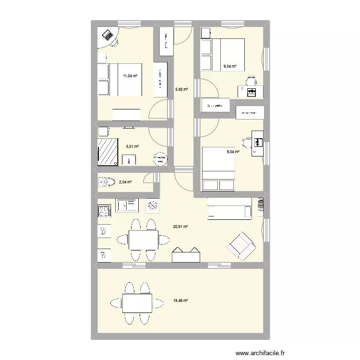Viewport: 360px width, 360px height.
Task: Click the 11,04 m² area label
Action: pyautogui.click(x=130, y=76)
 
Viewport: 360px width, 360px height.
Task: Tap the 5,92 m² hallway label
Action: pyautogui.click(x=181, y=89)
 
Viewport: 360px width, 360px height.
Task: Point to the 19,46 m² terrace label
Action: pyautogui.click(x=180, y=301)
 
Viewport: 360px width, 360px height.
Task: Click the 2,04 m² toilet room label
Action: pyautogui.click(x=126, y=182)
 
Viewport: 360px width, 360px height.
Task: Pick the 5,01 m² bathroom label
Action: pyautogui.click(x=132, y=147)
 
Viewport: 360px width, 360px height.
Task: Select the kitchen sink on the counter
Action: pyautogui.click(x=127, y=206)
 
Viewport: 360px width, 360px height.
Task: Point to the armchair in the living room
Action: pyautogui.click(x=241, y=244)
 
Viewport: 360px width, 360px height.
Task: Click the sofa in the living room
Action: pyautogui.click(x=229, y=209)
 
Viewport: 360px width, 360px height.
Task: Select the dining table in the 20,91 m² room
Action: pyautogui.click(x=143, y=239)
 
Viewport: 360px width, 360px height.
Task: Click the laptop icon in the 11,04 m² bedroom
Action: pyautogui.click(x=107, y=35)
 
